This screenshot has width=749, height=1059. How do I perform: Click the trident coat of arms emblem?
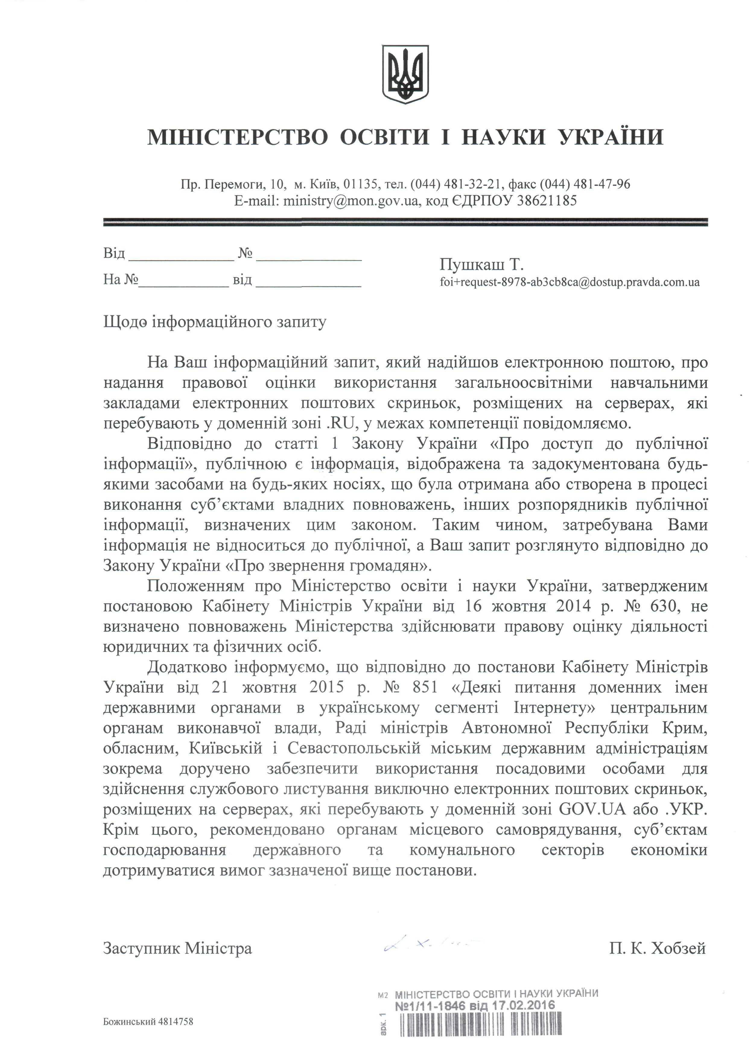405,74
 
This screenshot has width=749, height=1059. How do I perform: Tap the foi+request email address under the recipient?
570,282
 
